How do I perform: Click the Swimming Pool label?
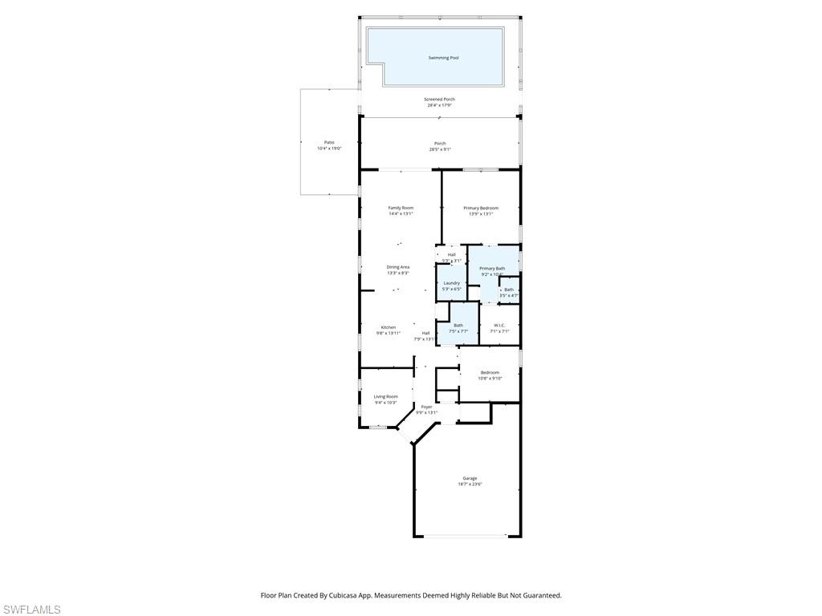[x=443, y=58]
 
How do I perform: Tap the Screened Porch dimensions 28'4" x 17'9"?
[x=439, y=105]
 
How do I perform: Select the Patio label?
[x=329, y=142]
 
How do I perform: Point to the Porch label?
[x=440, y=144]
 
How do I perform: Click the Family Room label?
[x=401, y=208]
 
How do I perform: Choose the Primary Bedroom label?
[x=481, y=208]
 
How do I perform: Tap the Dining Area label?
[x=398, y=267]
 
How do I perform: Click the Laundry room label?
[x=451, y=282]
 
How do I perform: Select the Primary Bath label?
[x=492, y=268]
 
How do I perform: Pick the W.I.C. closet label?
[x=499, y=325]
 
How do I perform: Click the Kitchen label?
[x=388, y=327]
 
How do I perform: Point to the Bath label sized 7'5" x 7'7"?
[x=458, y=325]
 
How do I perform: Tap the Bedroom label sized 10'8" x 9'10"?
[x=490, y=372]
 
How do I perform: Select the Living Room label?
[x=385, y=396]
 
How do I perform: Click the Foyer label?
[x=426, y=407]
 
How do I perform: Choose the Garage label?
[x=470, y=478]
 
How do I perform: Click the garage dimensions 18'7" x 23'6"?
[x=470, y=484]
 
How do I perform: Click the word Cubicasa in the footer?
[x=349, y=595]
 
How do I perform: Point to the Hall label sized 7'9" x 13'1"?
[x=425, y=333]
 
